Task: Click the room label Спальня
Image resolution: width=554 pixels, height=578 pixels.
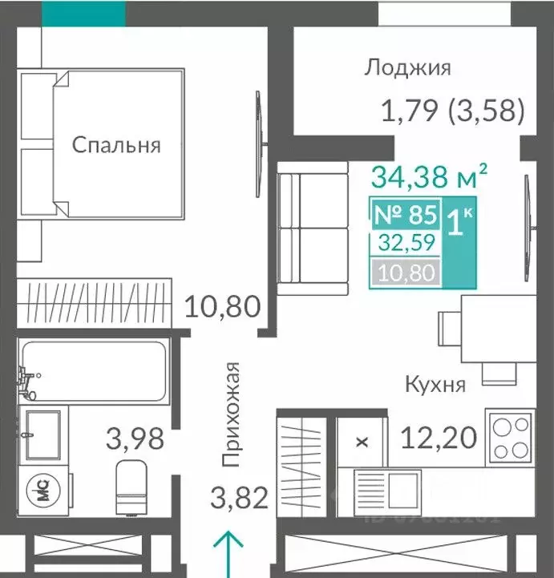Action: pyautogui.click(x=116, y=145)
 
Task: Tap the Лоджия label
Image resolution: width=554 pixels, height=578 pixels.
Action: pyautogui.click(x=406, y=67)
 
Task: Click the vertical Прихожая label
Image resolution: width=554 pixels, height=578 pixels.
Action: pyautogui.click(x=233, y=414)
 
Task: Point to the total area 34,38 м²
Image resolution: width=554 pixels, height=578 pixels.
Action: pyautogui.click(x=430, y=173)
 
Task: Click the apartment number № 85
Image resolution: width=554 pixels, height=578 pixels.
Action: pyautogui.click(x=406, y=215)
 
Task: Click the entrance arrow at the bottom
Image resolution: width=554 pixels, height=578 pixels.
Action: pyautogui.click(x=228, y=553)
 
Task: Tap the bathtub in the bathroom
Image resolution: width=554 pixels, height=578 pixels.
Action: pyautogui.click(x=94, y=371)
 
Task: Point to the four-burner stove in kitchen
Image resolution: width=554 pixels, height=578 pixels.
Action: pyautogui.click(x=511, y=437)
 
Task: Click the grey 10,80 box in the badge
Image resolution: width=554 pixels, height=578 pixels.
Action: pyautogui.click(x=405, y=273)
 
